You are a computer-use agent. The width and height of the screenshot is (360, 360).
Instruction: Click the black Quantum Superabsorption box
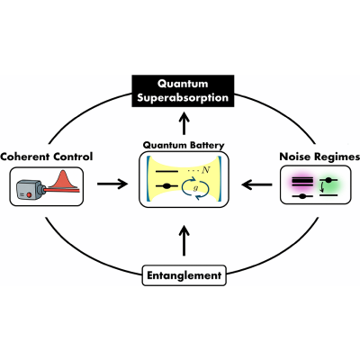(183, 91)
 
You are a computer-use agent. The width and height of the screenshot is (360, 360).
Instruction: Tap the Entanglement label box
(184, 275)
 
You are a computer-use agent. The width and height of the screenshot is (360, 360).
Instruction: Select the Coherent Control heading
(47, 157)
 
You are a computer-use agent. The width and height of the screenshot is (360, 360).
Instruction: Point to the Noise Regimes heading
(319, 157)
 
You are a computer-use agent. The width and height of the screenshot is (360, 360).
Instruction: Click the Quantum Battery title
(184, 145)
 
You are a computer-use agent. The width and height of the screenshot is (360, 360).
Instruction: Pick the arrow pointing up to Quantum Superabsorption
(184, 123)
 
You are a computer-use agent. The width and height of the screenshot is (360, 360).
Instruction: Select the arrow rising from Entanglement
(184, 241)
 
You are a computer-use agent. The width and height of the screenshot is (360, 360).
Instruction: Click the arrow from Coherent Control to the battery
(112, 184)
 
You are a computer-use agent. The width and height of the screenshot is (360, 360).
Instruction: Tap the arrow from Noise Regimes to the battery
(256, 184)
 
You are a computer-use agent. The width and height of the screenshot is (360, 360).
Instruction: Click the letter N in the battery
(206, 171)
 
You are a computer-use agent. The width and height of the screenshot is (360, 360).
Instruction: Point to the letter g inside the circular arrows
(196, 188)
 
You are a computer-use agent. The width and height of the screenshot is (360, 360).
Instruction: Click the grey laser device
(30, 190)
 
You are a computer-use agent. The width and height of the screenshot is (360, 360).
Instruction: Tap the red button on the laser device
(29, 194)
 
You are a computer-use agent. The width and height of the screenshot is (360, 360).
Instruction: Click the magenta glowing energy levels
(302, 182)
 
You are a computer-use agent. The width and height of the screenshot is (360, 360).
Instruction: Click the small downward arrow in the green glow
(322, 187)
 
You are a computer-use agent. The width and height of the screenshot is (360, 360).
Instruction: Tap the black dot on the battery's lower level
(166, 186)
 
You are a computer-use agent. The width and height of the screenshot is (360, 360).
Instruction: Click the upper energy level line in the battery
(166, 172)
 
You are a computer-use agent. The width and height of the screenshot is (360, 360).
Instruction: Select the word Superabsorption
(183, 98)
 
